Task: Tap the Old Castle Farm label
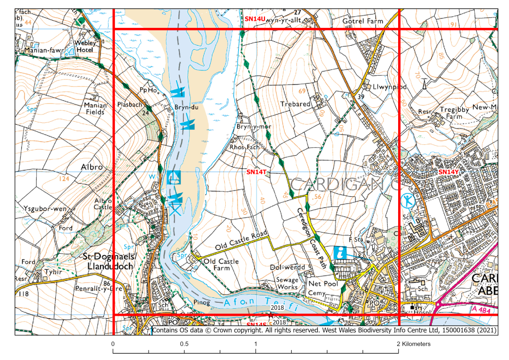[221, 265]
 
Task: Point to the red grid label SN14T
[257, 172]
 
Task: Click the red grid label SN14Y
[449, 172]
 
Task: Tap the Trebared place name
[295, 104]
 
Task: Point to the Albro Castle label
[103, 203]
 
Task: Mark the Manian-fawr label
[32, 50]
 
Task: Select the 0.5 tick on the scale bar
[184, 344]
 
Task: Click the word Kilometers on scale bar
[417, 344]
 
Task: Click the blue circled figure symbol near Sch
[408, 201]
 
